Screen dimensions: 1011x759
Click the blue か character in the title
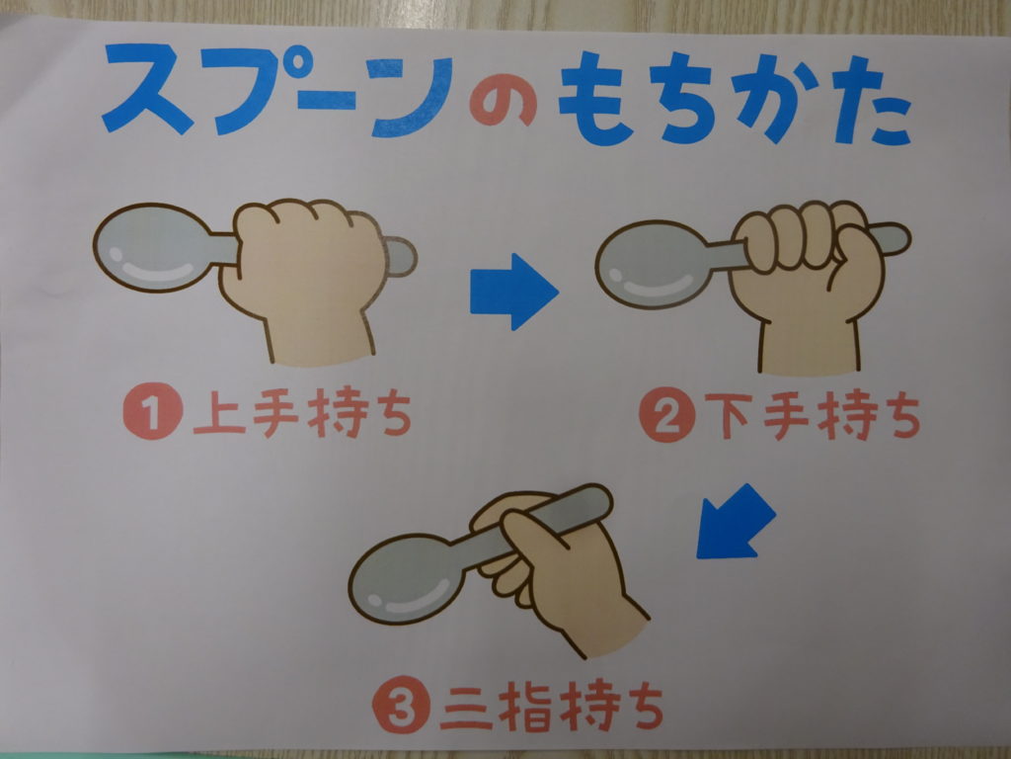coord(773,97)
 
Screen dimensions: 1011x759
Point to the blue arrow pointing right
coord(513,292)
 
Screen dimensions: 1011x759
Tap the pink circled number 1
coord(153,412)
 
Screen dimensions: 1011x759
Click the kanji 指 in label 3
coord(525,707)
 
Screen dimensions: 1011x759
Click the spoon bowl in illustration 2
coord(652,265)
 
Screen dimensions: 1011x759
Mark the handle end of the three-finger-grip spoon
coord(596,499)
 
